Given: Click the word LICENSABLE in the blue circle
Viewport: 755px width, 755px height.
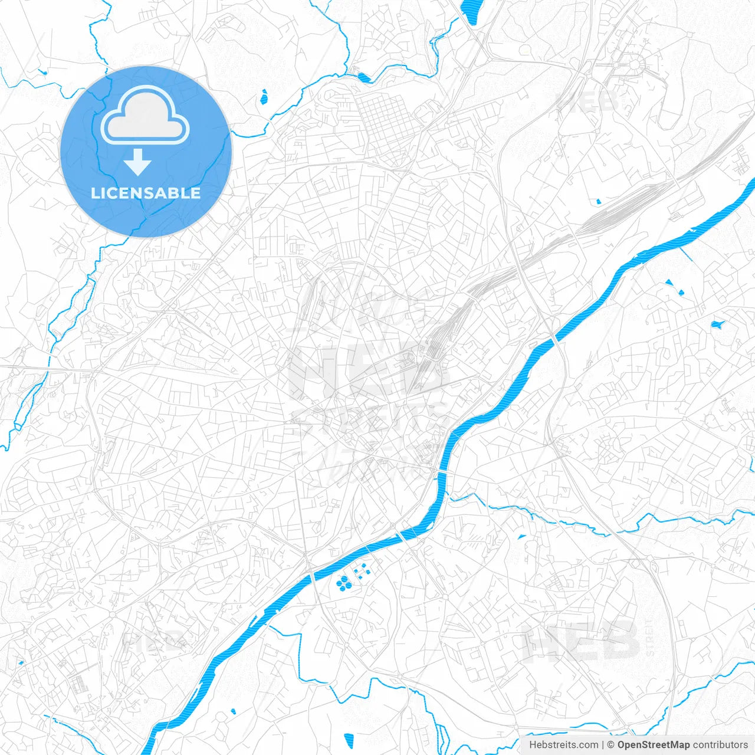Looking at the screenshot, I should click(146, 193).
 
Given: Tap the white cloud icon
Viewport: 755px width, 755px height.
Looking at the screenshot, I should click(145, 116).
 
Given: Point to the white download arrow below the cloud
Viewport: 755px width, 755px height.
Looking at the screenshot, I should click(137, 162).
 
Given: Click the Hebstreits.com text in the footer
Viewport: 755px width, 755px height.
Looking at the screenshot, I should click(563, 745).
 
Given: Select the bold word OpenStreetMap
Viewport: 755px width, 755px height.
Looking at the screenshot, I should click(653, 745).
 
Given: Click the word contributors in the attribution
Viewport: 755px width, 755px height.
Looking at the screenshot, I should click(720, 745).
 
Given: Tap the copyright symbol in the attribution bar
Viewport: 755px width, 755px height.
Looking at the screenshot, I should click(611, 745).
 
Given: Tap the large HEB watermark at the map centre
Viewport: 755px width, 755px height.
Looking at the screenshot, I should click(366, 372).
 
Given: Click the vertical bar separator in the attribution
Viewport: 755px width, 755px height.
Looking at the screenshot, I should click(603, 745).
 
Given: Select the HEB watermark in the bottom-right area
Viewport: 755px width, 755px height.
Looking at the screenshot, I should click(581, 640).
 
